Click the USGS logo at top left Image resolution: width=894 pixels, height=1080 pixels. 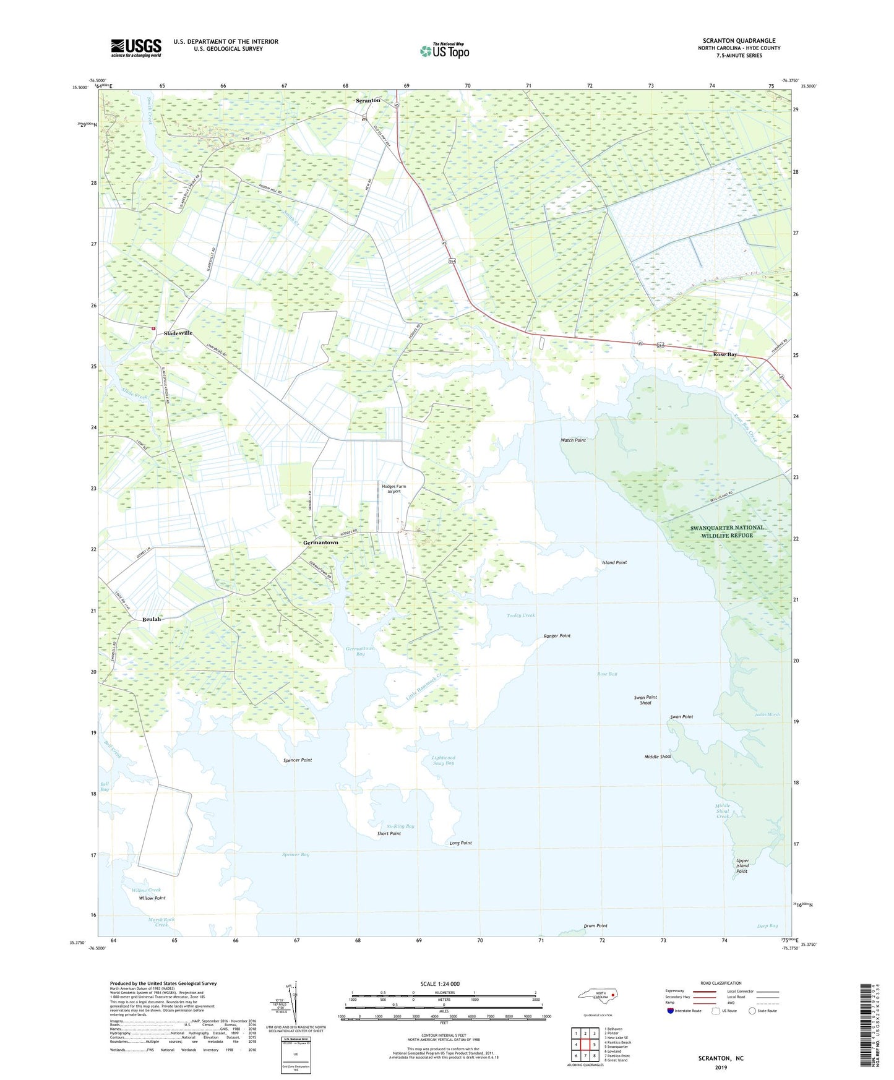point(136,48)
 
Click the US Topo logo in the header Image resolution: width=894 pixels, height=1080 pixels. point(444,50)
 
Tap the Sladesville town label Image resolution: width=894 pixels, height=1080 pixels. point(178,333)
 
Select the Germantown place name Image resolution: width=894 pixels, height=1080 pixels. point(320,542)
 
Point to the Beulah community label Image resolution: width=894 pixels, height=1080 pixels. point(152,619)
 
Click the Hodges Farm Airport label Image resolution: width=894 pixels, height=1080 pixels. point(393,489)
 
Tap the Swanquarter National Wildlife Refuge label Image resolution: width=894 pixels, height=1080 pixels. point(727,531)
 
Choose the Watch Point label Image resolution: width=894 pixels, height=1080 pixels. point(573,440)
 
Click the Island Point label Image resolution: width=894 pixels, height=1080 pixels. point(614,562)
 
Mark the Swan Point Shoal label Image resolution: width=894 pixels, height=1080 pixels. point(645,700)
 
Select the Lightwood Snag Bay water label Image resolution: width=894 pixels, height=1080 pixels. point(443,760)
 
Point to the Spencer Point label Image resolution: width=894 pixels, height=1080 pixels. point(298,760)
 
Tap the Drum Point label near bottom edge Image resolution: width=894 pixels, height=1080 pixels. point(596,926)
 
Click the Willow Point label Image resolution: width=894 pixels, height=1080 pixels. point(152,898)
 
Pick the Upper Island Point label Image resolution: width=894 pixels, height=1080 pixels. point(742,866)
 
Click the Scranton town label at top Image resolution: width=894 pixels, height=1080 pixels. point(368,100)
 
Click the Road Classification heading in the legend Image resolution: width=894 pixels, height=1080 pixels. point(721,983)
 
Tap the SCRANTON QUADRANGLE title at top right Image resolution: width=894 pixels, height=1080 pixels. point(739,41)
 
